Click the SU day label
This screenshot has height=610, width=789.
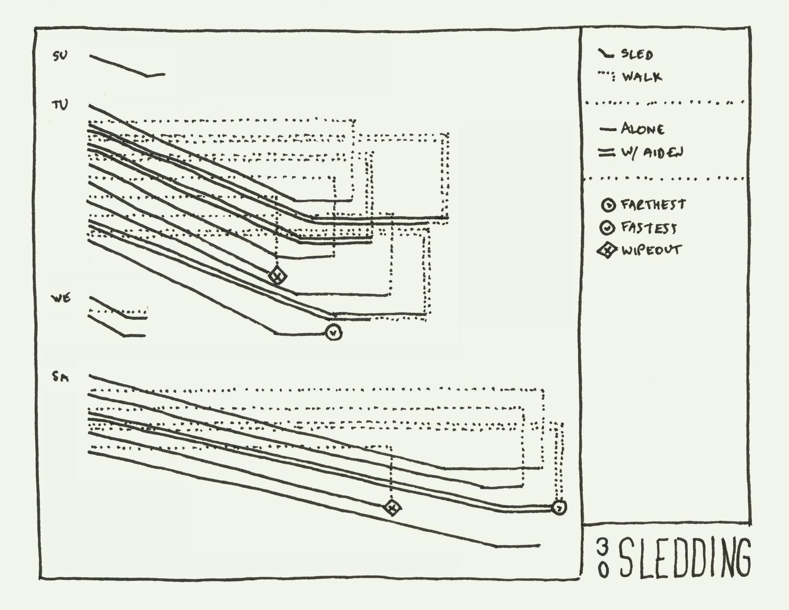pos(60,56)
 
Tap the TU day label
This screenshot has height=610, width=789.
pos(60,105)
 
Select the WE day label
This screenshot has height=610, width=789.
pos(61,299)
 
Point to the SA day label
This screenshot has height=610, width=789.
pos(60,378)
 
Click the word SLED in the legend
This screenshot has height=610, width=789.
pos(637,55)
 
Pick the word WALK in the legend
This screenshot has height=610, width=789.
pos(642,77)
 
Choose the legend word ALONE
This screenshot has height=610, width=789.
pos(643,129)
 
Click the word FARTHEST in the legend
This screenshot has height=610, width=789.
pos(653,205)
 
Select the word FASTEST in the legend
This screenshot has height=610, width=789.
pos(649,228)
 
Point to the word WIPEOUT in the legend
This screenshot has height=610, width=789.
pos(651,250)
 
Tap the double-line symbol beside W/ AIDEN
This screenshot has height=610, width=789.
pos(604,153)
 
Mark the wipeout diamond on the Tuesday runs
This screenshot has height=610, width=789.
pos(278,276)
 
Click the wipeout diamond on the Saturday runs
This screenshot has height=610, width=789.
pos(392,507)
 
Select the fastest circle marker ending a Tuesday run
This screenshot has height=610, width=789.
pos(333,333)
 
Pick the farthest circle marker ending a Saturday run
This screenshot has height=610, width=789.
pos(559,507)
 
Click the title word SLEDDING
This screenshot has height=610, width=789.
pos(685,558)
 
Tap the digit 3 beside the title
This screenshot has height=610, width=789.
pos(602,548)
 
